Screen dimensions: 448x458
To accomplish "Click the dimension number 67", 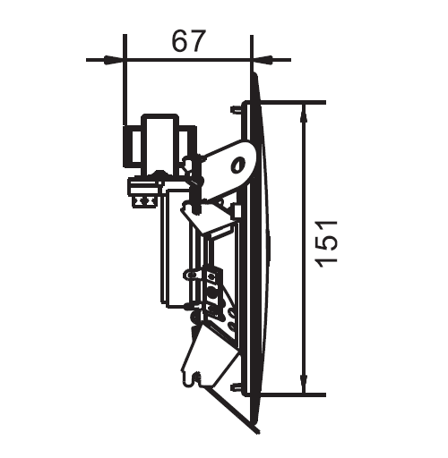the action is pyautogui.click(x=189, y=41).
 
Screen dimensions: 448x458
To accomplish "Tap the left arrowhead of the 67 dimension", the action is pyautogui.click(x=114, y=60).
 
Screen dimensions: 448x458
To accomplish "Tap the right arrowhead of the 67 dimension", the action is pyautogui.click(x=263, y=60).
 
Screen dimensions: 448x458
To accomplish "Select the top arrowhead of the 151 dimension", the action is pyautogui.click(x=304, y=114).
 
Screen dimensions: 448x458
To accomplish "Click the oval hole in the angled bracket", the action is pyautogui.click(x=238, y=165).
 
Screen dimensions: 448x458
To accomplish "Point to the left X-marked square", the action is pyautogui.click(x=139, y=201).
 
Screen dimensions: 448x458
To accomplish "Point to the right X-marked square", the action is pyautogui.click(x=150, y=201).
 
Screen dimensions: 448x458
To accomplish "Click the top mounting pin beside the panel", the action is pyautogui.click(x=236, y=110).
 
